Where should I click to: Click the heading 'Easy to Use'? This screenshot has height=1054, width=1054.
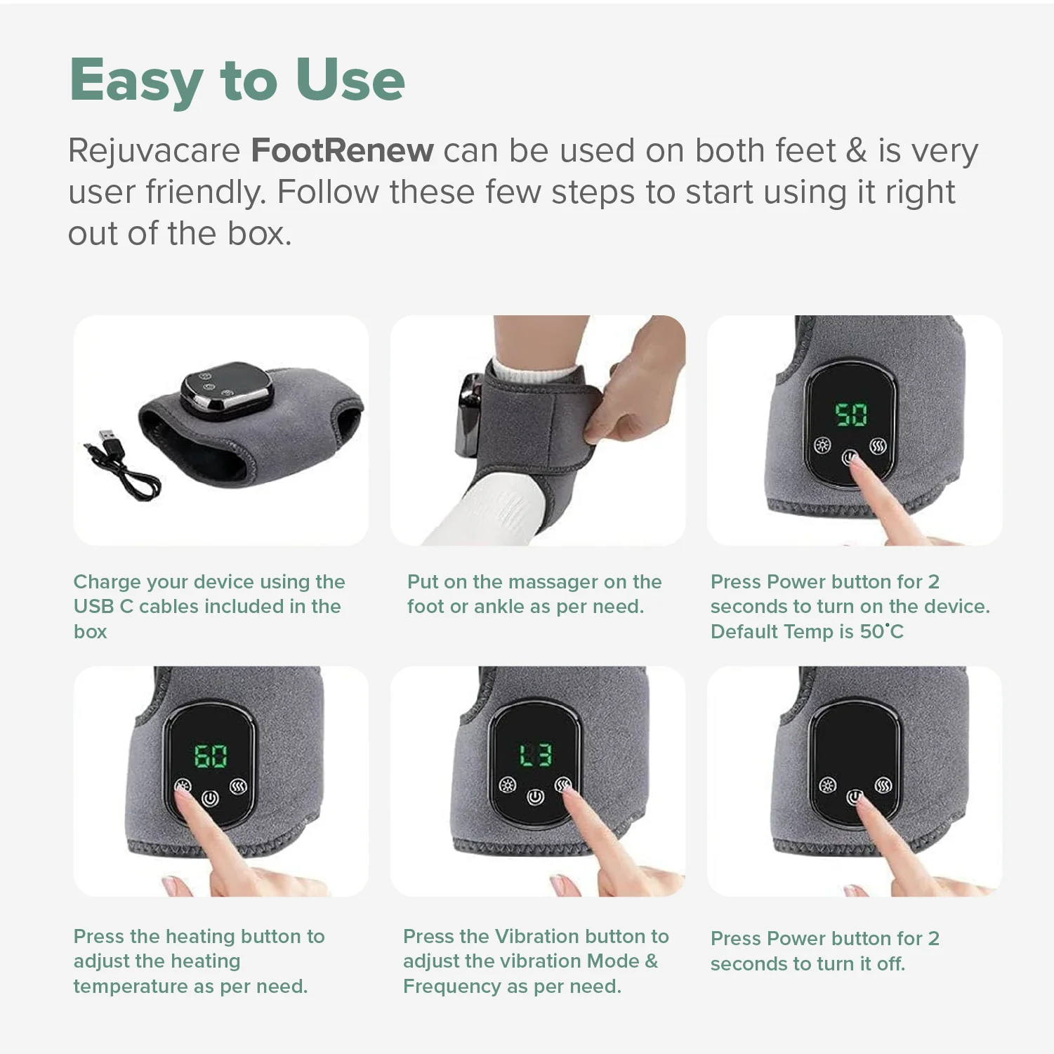pyautogui.click(x=237, y=80)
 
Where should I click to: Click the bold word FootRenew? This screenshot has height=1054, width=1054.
pyautogui.click(x=342, y=151)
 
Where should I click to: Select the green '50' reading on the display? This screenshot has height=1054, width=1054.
pyautogui.click(x=851, y=414)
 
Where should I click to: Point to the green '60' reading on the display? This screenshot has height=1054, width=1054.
pyautogui.click(x=211, y=756)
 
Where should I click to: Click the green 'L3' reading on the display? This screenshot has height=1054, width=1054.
pyautogui.click(x=535, y=756)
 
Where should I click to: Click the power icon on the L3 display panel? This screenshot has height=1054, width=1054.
pyautogui.click(x=535, y=797)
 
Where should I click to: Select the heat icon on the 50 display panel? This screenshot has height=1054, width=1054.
pyautogui.click(x=878, y=446)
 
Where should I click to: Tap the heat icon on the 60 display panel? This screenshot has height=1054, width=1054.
pyautogui.click(x=238, y=786)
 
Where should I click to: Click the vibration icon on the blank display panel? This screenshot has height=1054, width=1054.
pyautogui.click(x=828, y=785)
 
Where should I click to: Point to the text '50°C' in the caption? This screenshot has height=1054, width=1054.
pyautogui.click(x=882, y=632)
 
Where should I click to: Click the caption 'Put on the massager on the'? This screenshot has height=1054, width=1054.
pyautogui.click(x=534, y=582)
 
